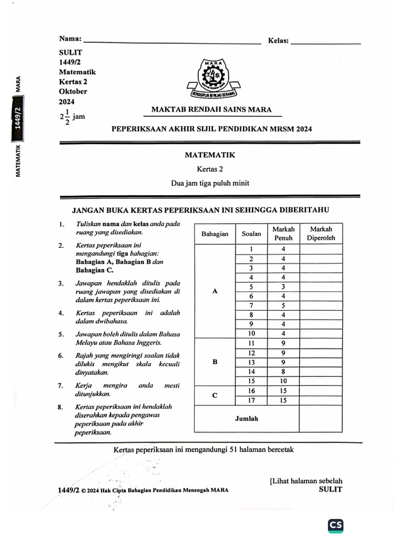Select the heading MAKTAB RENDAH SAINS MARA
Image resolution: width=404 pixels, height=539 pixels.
211,110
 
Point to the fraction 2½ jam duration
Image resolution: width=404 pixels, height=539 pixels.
72,116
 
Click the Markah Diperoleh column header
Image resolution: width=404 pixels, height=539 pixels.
321,234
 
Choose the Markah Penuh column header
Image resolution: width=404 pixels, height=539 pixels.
283,234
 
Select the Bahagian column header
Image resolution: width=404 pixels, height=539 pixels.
215,234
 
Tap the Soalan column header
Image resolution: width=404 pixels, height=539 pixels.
251,234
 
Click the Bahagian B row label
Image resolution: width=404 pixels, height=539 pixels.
215,362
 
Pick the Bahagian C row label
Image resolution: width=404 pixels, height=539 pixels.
215,396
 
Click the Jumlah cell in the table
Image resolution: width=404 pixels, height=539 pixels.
246,419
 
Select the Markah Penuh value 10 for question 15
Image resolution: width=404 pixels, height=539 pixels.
283,381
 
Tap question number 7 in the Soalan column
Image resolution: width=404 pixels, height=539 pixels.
251,305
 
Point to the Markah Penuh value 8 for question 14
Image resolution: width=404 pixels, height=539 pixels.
283,372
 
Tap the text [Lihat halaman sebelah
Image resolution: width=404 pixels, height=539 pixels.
305,481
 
